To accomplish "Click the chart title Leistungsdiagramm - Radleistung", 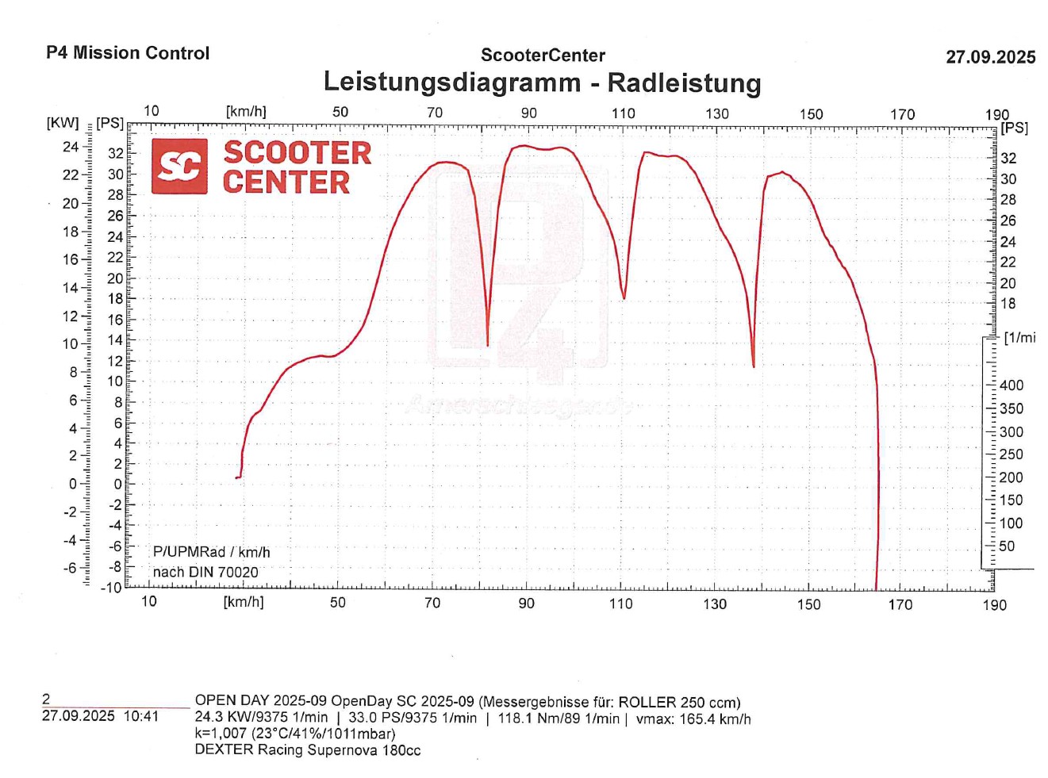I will pyautogui.click(x=542, y=82).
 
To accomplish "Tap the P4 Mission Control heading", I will pyautogui.click(x=128, y=53).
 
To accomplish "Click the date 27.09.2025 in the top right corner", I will pyautogui.click(x=990, y=57).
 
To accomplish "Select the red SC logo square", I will pyautogui.click(x=179, y=167).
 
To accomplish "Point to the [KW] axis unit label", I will pyautogui.click(x=63, y=123).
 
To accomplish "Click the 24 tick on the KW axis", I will pyautogui.click(x=71, y=147).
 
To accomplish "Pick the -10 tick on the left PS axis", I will pyautogui.click(x=111, y=588).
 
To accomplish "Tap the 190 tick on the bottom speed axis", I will pyautogui.click(x=994, y=605).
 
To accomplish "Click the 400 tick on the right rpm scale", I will pyautogui.click(x=1012, y=385).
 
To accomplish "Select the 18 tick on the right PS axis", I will pyautogui.click(x=1008, y=304).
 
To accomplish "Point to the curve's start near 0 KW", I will pyautogui.click(x=237, y=477).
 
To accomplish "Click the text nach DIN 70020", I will pyautogui.click(x=205, y=572).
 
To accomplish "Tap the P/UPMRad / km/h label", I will pyautogui.click(x=211, y=552).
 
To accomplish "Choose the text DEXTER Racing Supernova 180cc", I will pyautogui.click(x=308, y=750).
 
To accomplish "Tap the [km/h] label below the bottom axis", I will pyautogui.click(x=244, y=602).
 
